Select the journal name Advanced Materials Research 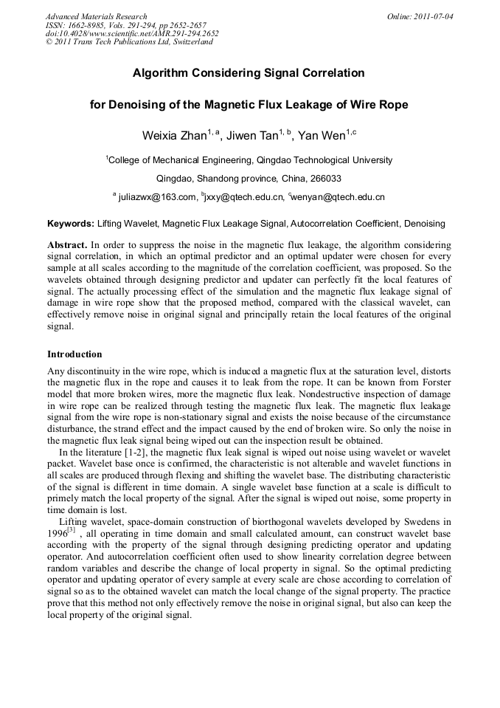(96, 16)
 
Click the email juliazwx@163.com (157, 198)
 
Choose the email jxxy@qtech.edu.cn (245, 198)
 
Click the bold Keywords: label (71, 223)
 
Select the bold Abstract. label (67, 244)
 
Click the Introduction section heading (74, 354)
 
